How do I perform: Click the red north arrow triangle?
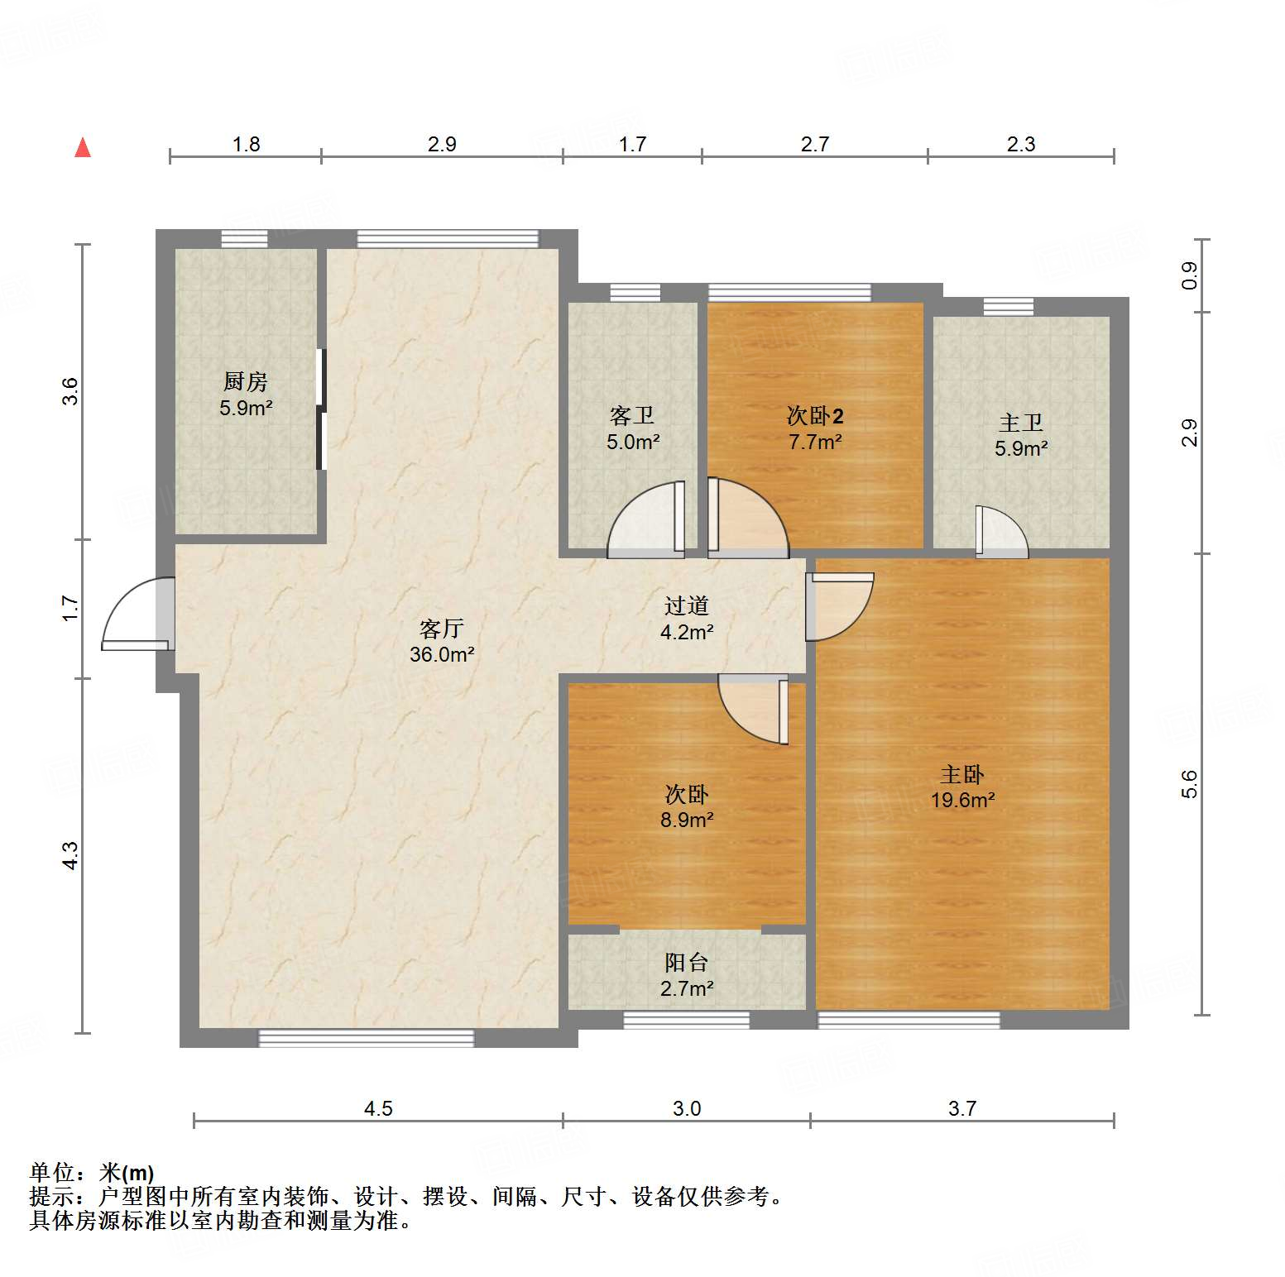click(x=83, y=148)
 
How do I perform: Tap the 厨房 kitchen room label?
click(x=246, y=382)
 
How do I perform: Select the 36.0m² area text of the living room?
click(x=442, y=655)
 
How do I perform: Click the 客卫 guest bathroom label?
click(x=632, y=416)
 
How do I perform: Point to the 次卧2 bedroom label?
click(x=814, y=416)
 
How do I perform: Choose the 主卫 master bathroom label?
click(x=1020, y=423)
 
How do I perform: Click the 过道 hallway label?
click(x=686, y=606)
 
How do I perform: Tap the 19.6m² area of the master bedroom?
click(x=962, y=801)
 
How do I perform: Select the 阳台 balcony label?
click(x=686, y=963)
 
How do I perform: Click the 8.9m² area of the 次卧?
click(x=686, y=820)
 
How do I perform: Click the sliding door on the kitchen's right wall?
click(x=322, y=409)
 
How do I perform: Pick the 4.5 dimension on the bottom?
click(x=378, y=1109)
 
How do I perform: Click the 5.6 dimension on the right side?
click(x=1189, y=784)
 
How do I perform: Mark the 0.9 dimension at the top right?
click(x=1189, y=275)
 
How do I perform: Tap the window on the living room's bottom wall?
click(x=367, y=1038)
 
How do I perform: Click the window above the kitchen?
click(x=244, y=239)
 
